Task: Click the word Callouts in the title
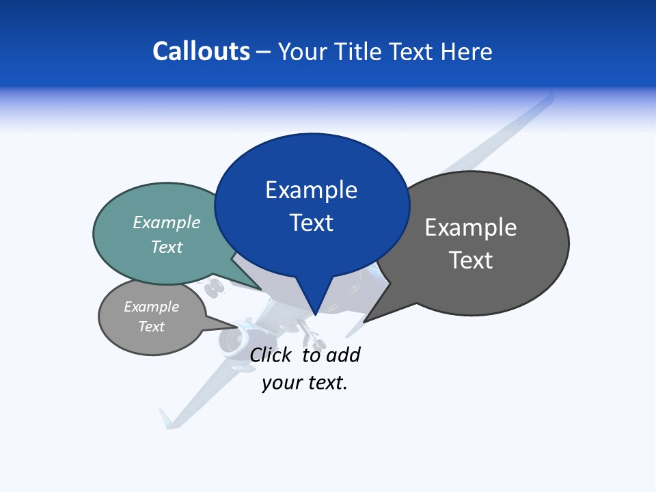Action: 202,51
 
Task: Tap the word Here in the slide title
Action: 467,52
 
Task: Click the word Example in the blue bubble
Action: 311,190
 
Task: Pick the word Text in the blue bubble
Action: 311,223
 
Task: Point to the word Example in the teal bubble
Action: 167,222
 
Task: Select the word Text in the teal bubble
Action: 167,247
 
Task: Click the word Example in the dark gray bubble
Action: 470,228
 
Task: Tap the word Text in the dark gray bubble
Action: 470,260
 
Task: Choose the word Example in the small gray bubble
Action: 151,307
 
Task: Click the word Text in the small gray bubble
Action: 151,327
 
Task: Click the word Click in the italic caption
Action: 271,355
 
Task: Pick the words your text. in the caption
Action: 305,383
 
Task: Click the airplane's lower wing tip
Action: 166,418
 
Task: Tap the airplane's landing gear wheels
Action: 215,288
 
